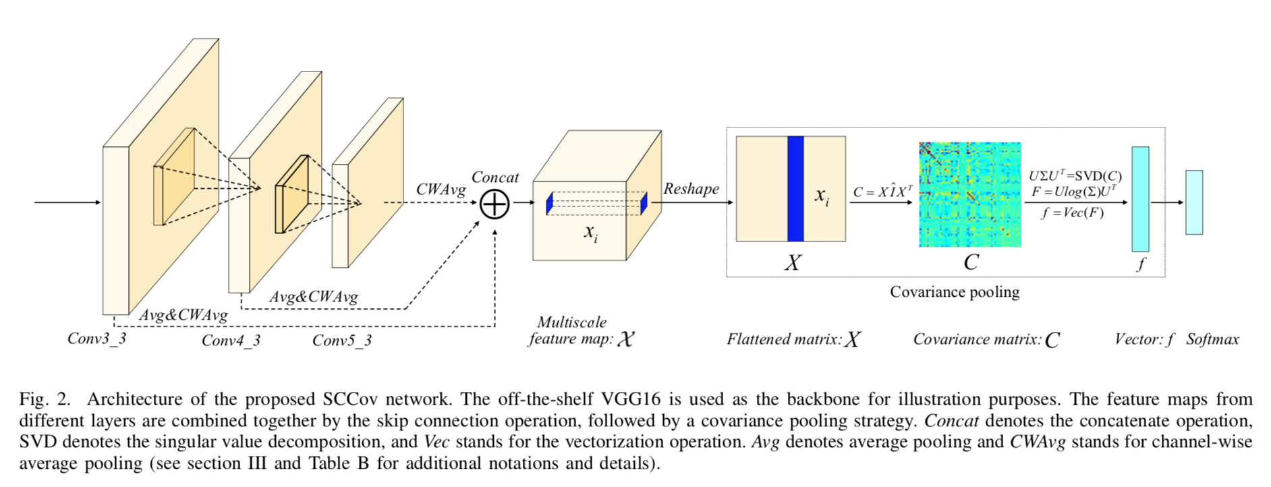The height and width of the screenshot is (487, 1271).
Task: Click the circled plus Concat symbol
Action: tap(495, 204)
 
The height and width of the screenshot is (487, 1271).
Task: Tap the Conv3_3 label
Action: tap(96, 338)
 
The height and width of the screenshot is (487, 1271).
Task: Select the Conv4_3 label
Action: tap(231, 340)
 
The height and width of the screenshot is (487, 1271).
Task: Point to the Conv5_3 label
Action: tap(341, 340)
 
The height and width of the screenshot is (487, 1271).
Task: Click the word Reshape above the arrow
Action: tap(691, 189)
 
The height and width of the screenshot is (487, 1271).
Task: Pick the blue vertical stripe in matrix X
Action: tap(795, 189)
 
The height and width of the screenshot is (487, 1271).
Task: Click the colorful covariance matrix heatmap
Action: tap(969, 194)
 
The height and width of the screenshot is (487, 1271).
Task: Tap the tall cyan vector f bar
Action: tap(1139, 199)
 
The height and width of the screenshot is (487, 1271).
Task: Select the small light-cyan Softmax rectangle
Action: tap(1193, 202)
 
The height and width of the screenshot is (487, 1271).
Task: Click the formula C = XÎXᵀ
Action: tap(882, 192)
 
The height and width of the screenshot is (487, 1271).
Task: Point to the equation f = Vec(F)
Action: tap(1073, 213)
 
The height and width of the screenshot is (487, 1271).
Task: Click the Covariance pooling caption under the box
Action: tap(954, 292)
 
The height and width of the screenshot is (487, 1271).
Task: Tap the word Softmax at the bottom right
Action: tap(1212, 339)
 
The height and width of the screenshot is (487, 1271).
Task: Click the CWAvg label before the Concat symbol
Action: tap(441, 190)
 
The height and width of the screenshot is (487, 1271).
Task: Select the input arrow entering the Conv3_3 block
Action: tap(67, 202)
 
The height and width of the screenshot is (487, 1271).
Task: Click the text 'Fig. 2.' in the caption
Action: tap(45, 399)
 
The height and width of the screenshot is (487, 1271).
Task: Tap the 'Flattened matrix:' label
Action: tap(784, 339)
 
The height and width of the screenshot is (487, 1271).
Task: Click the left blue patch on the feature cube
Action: tap(550, 203)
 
